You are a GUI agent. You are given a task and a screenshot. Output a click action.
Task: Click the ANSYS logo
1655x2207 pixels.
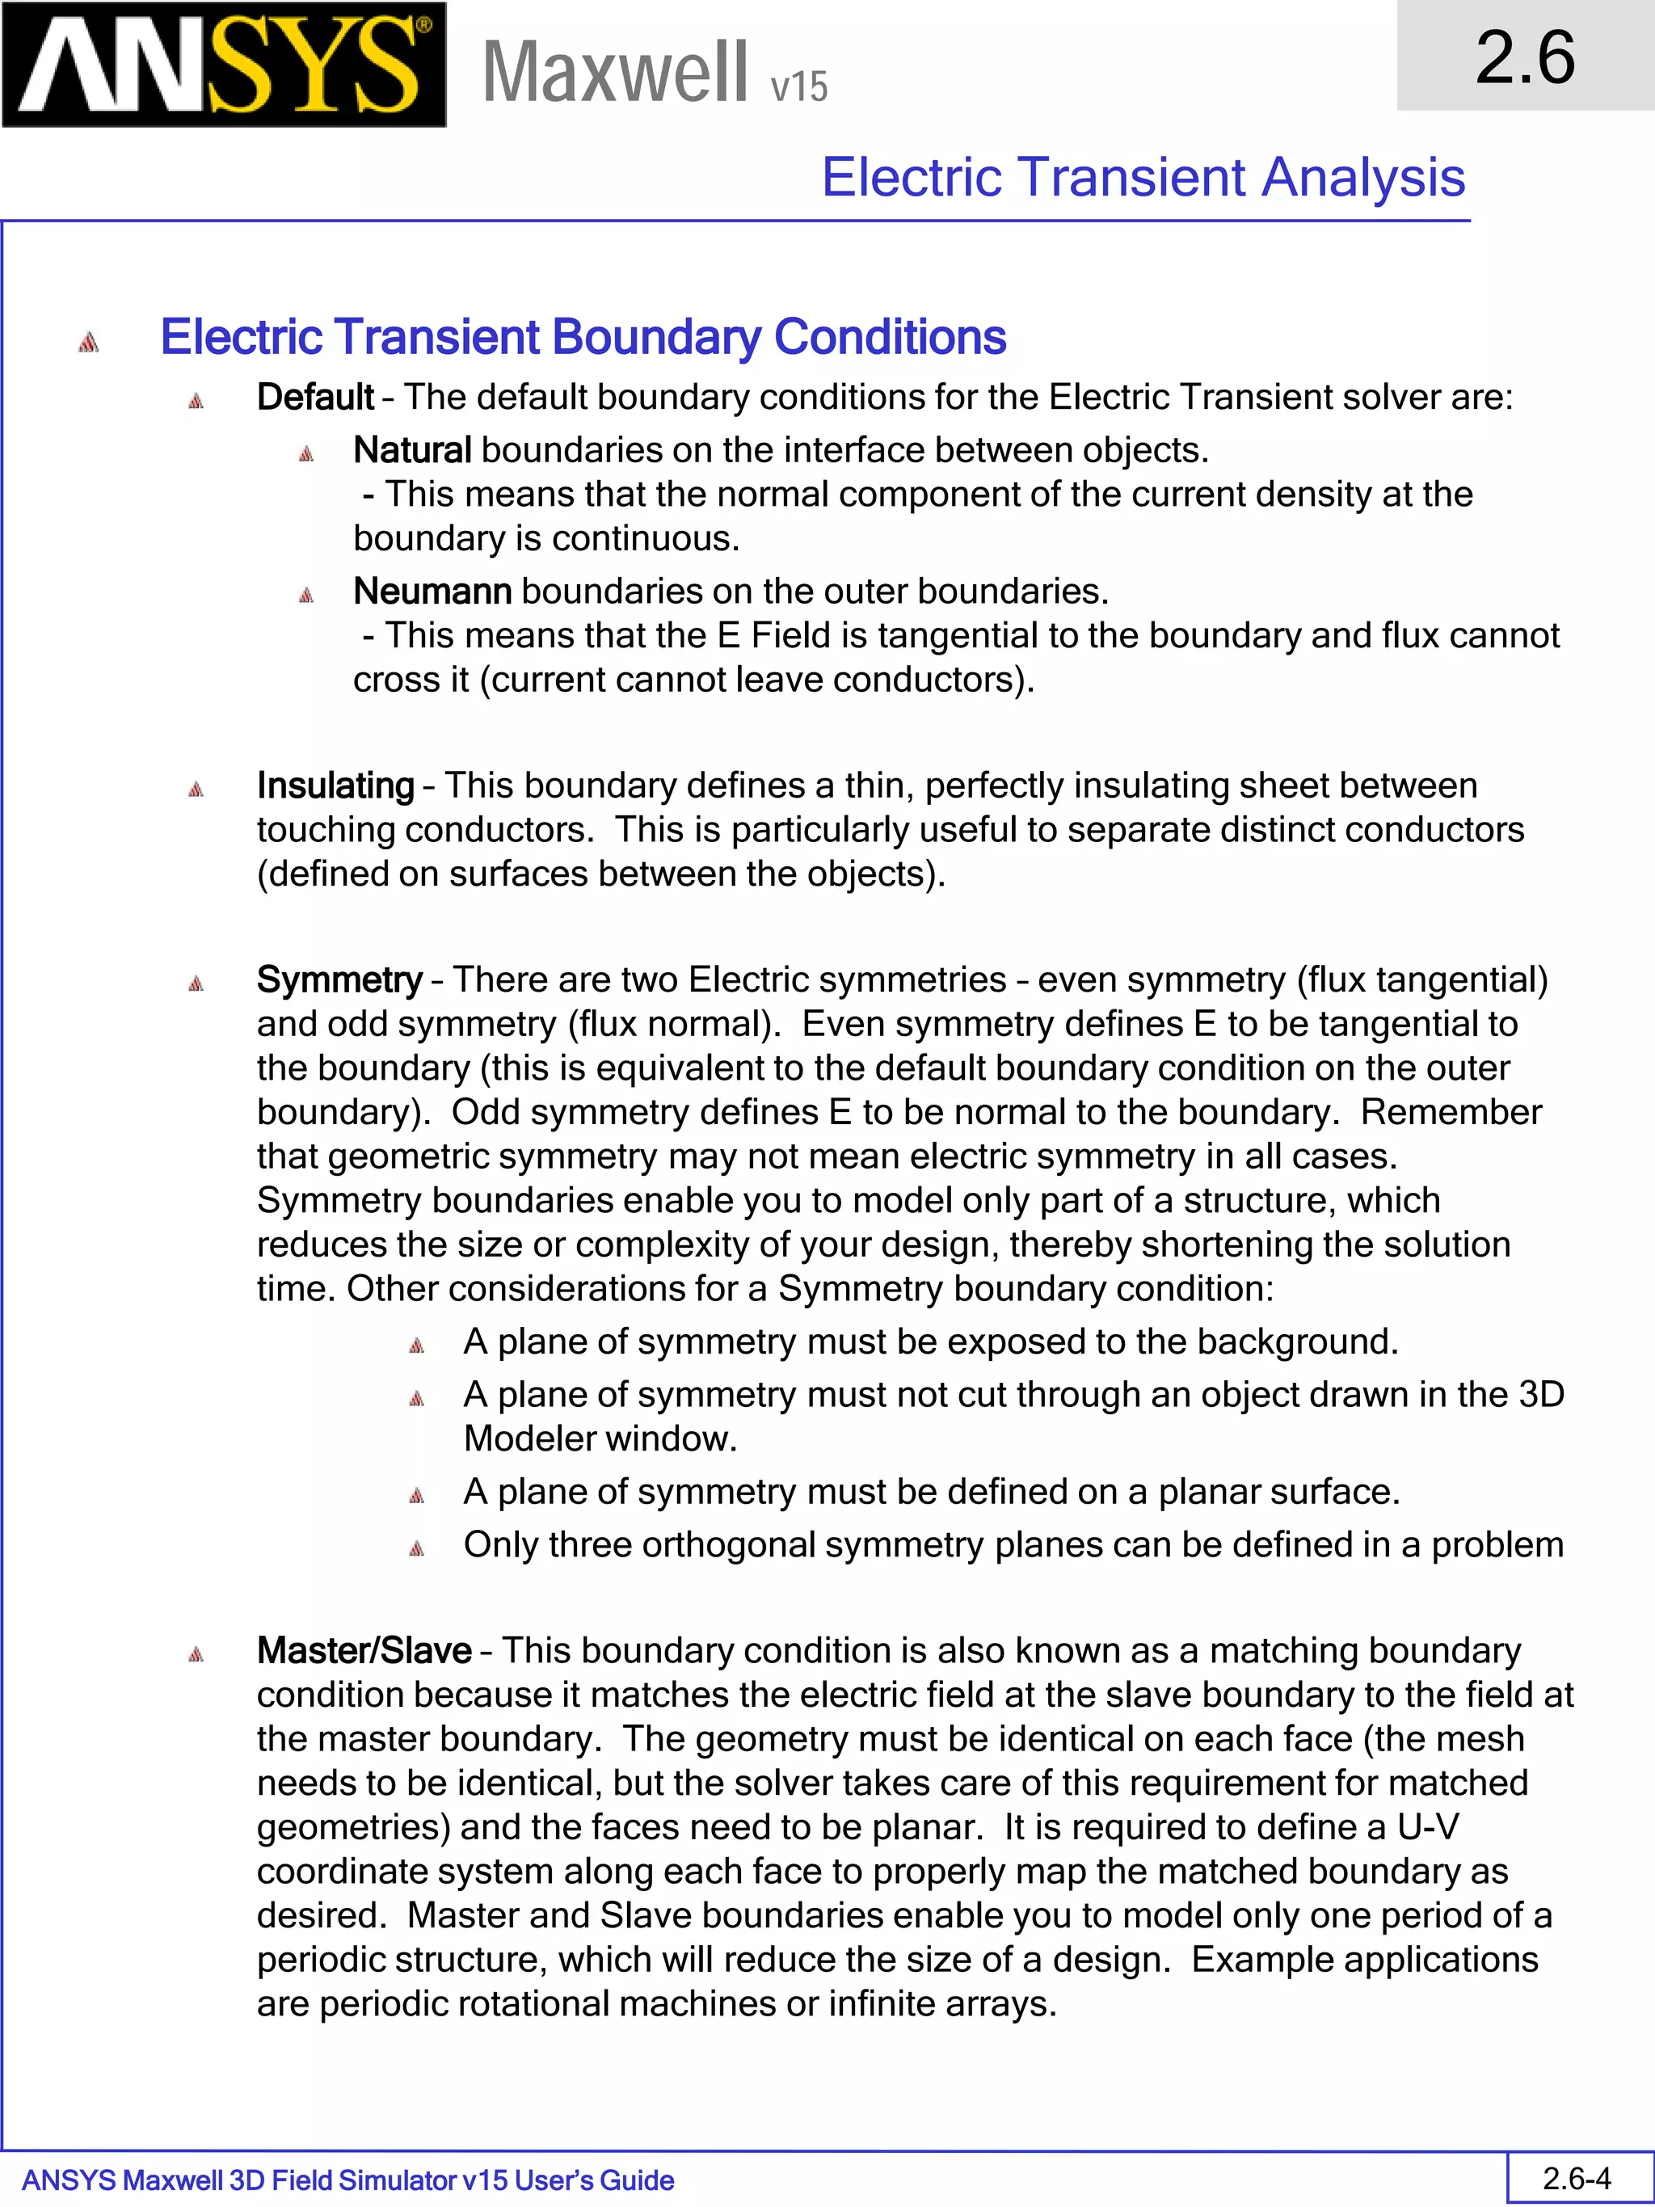(x=224, y=65)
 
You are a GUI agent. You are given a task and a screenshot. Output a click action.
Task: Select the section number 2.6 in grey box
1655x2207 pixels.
(x=1524, y=57)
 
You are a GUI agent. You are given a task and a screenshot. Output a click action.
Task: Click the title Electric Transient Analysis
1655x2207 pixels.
(x=1143, y=178)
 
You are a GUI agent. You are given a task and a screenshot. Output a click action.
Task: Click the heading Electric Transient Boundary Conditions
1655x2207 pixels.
(x=583, y=337)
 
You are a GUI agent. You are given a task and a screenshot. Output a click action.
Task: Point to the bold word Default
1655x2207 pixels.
(x=314, y=397)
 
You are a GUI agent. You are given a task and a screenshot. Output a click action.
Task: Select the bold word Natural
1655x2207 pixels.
(x=411, y=450)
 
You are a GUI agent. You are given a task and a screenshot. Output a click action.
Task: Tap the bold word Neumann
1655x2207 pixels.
(x=432, y=591)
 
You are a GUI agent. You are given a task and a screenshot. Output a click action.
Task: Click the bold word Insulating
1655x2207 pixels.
(x=335, y=786)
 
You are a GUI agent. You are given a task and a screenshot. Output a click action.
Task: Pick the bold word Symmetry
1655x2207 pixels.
(x=339, y=979)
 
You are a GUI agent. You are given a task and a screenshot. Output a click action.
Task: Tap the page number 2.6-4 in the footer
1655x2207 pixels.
(x=1576, y=2178)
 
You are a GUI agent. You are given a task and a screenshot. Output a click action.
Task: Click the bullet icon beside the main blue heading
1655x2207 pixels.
(x=89, y=342)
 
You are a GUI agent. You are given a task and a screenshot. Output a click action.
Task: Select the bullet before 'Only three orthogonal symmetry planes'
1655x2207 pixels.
(x=417, y=1548)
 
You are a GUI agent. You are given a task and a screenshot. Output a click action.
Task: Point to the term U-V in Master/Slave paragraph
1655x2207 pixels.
(x=1428, y=1827)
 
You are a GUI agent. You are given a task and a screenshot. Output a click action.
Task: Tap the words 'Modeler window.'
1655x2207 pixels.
(x=600, y=1438)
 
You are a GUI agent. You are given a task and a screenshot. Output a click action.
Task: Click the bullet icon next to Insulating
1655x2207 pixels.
(x=196, y=790)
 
